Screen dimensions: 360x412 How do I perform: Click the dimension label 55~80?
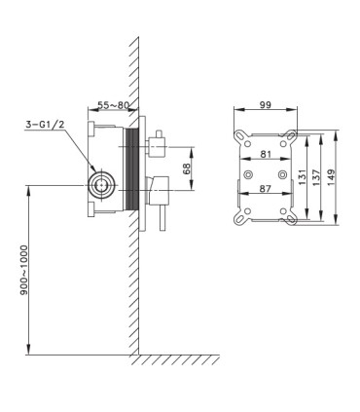[114, 105]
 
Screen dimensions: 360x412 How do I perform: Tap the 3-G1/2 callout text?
[45, 125]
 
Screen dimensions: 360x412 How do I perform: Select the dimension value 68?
[187, 169]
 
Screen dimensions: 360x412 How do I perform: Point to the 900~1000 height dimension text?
[24, 271]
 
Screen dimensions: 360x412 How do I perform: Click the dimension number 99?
[266, 105]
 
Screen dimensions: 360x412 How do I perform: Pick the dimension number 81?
[266, 154]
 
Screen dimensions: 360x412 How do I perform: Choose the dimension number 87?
[266, 188]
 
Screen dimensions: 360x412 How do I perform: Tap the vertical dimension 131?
[303, 177]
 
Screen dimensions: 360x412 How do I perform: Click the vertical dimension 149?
[332, 177]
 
